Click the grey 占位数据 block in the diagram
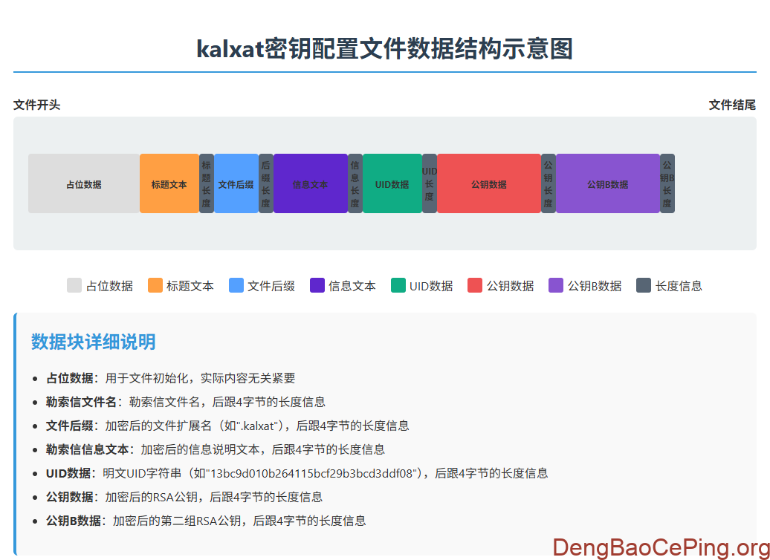coord(83,184)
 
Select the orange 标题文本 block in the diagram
coord(169,184)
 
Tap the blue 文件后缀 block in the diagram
coord(236,184)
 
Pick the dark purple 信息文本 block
coord(310,184)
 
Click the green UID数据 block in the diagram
coord(392,184)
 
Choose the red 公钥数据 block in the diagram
coord(488,184)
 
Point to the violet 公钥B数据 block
coord(607,184)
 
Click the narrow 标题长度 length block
coord(207,184)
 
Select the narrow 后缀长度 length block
coord(266,184)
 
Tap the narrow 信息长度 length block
coord(355,184)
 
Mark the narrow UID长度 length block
coord(430,184)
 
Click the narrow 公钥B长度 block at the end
coord(667,184)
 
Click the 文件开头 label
coord(37,105)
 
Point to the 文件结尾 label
coord(732,105)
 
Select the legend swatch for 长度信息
coord(644,285)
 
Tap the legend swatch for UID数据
coord(398,285)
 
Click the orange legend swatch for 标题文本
coord(155,285)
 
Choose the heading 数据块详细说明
coord(94,342)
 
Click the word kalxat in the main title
coord(230,50)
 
